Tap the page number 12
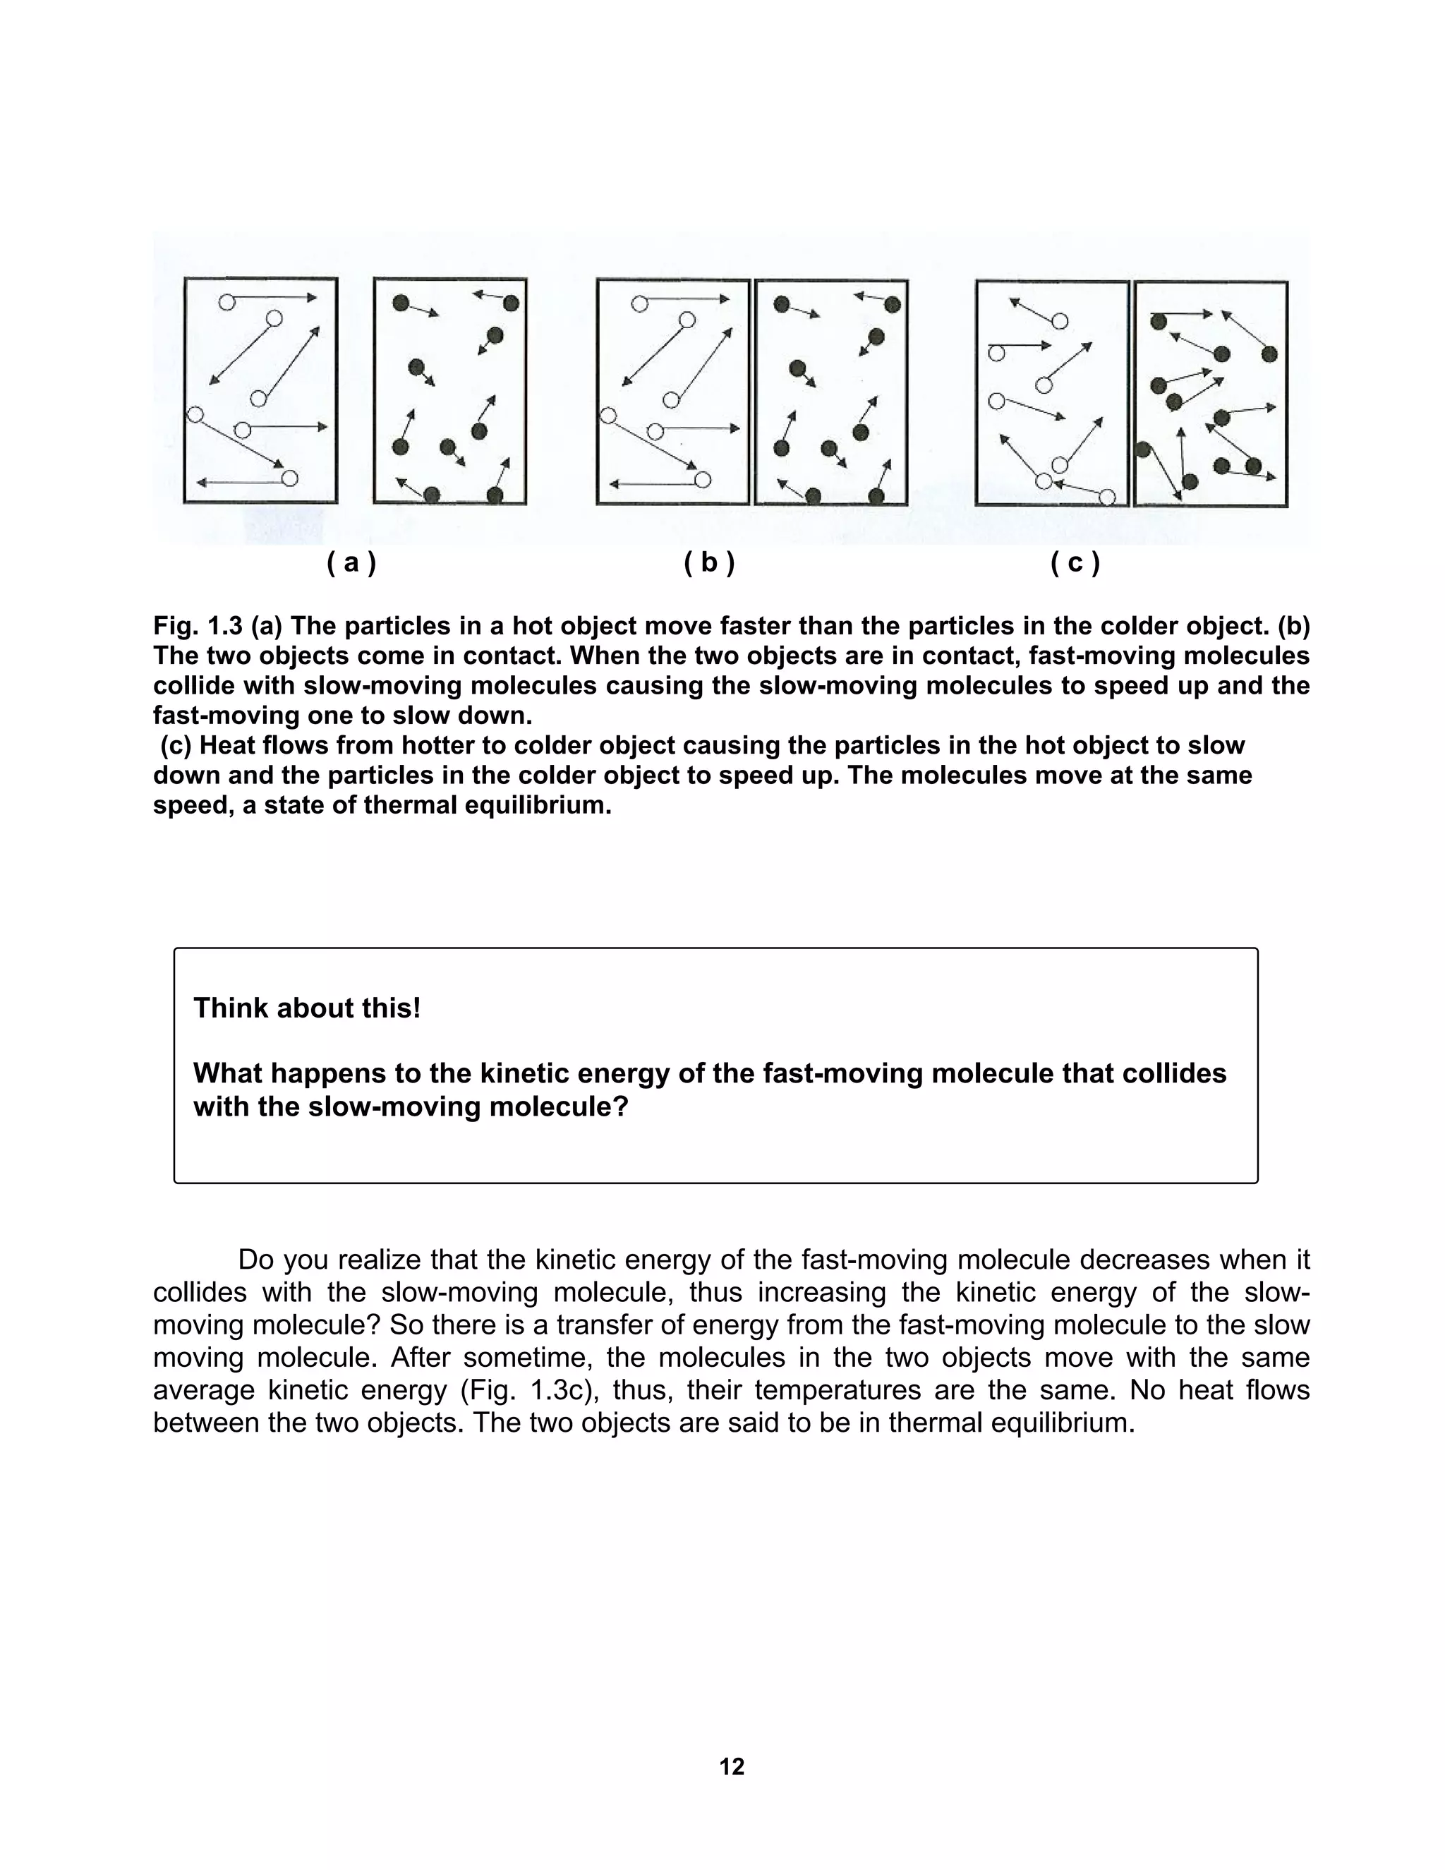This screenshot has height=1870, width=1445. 732,1766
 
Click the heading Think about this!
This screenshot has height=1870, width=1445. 306,1008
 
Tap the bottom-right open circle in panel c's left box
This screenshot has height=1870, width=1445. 1107,497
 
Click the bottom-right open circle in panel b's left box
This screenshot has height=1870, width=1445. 703,479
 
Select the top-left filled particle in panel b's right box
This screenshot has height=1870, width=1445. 781,304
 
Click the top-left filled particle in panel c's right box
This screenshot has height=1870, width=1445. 1159,321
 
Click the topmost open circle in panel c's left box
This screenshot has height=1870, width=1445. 1060,321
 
